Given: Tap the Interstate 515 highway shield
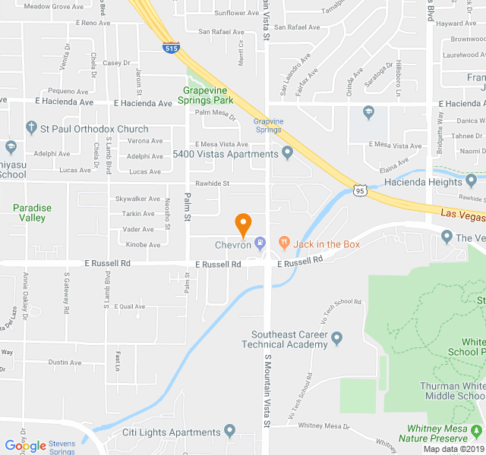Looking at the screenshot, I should [x=172, y=48].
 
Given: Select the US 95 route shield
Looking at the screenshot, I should [x=360, y=190].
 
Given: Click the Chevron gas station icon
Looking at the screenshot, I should [x=260, y=243].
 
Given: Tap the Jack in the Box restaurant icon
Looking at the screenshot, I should [x=285, y=243].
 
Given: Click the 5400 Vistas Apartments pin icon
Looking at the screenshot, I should [x=288, y=154].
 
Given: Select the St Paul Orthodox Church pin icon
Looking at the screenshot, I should [x=31, y=128].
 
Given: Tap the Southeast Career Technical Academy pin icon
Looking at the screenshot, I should [x=337, y=338].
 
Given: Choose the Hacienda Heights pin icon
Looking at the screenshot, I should [x=472, y=181].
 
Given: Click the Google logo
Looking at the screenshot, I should [x=25, y=446].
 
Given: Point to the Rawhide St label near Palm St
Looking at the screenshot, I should [x=212, y=184].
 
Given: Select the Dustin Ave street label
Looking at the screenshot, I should [x=65, y=362].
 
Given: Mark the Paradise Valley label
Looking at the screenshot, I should [x=32, y=212].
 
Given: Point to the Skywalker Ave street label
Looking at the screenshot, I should [x=137, y=199].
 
